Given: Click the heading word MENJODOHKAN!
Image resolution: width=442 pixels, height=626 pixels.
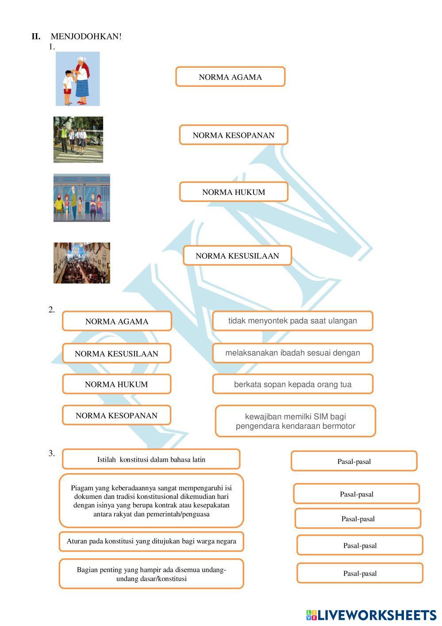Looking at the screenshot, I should [x=86, y=36].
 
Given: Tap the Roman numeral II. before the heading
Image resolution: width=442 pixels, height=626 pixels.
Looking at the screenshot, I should [x=36, y=36].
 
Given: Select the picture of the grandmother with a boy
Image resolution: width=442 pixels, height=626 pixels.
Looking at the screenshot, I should [x=77, y=79].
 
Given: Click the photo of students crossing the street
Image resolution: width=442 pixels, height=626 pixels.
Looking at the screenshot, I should [x=78, y=140].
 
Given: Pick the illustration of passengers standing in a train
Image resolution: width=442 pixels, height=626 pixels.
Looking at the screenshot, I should [x=81, y=198].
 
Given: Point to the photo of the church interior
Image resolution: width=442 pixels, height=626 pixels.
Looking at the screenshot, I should [x=81, y=263].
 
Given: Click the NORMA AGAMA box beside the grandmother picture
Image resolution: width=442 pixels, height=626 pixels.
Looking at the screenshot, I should [x=230, y=77].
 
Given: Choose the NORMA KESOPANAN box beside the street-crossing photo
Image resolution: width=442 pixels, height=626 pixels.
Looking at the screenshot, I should [x=233, y=135].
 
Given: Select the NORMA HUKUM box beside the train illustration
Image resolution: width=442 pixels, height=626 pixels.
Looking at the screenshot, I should [x=233, y=192].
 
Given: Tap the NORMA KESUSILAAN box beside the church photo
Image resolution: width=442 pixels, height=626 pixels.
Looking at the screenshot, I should [x=237, y=256].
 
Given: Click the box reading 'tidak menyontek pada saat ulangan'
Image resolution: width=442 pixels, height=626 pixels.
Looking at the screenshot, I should [x=292, y=321].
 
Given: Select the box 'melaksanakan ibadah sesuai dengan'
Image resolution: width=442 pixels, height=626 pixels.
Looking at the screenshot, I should [x=292, y=353].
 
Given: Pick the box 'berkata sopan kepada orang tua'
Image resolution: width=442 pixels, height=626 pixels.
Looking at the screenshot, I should [x=292, y=384].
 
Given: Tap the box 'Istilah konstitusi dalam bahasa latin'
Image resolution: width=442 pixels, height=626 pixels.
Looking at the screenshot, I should [x=151, y=459].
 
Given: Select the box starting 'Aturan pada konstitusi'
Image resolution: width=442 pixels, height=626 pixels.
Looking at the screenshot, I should [x=151, y=541].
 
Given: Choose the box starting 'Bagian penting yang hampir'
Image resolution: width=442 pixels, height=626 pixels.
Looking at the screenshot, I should [x=151, y=574].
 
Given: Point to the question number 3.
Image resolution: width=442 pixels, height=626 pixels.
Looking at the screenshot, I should [x=52, y=453].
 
